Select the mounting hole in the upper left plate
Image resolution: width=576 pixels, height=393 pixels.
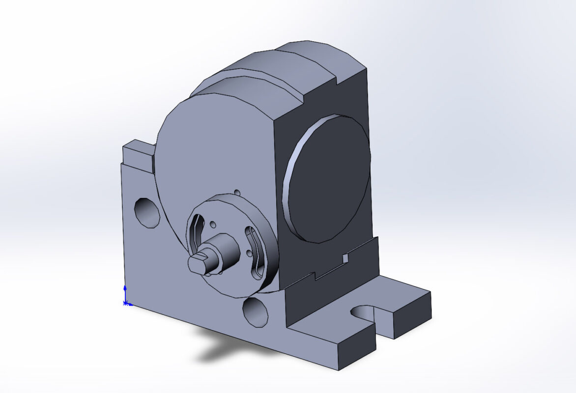coord(147,212)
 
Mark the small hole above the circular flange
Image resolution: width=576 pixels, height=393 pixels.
coord(237,192)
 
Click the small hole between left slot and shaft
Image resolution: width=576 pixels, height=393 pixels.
coord(212,224)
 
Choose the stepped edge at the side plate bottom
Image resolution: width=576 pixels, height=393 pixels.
coord(315,278)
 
